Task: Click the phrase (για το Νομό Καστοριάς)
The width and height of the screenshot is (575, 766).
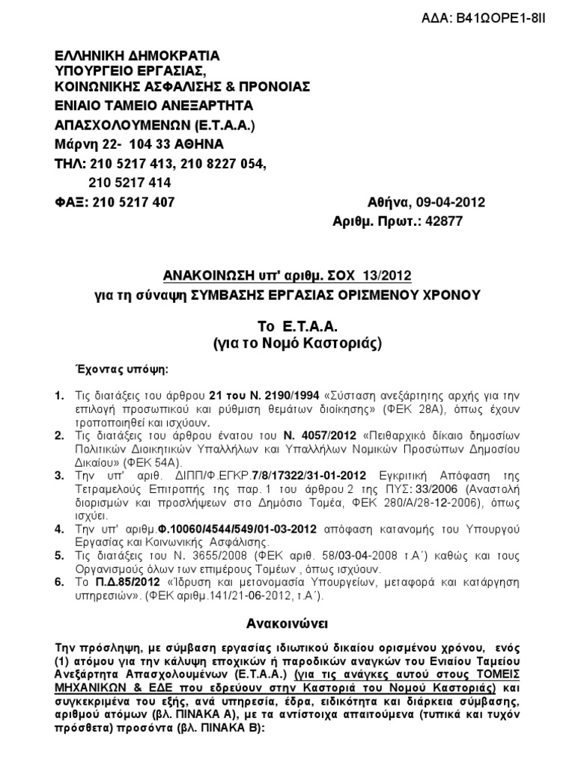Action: [287, 344]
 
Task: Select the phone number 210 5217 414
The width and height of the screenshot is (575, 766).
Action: [130, 182]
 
